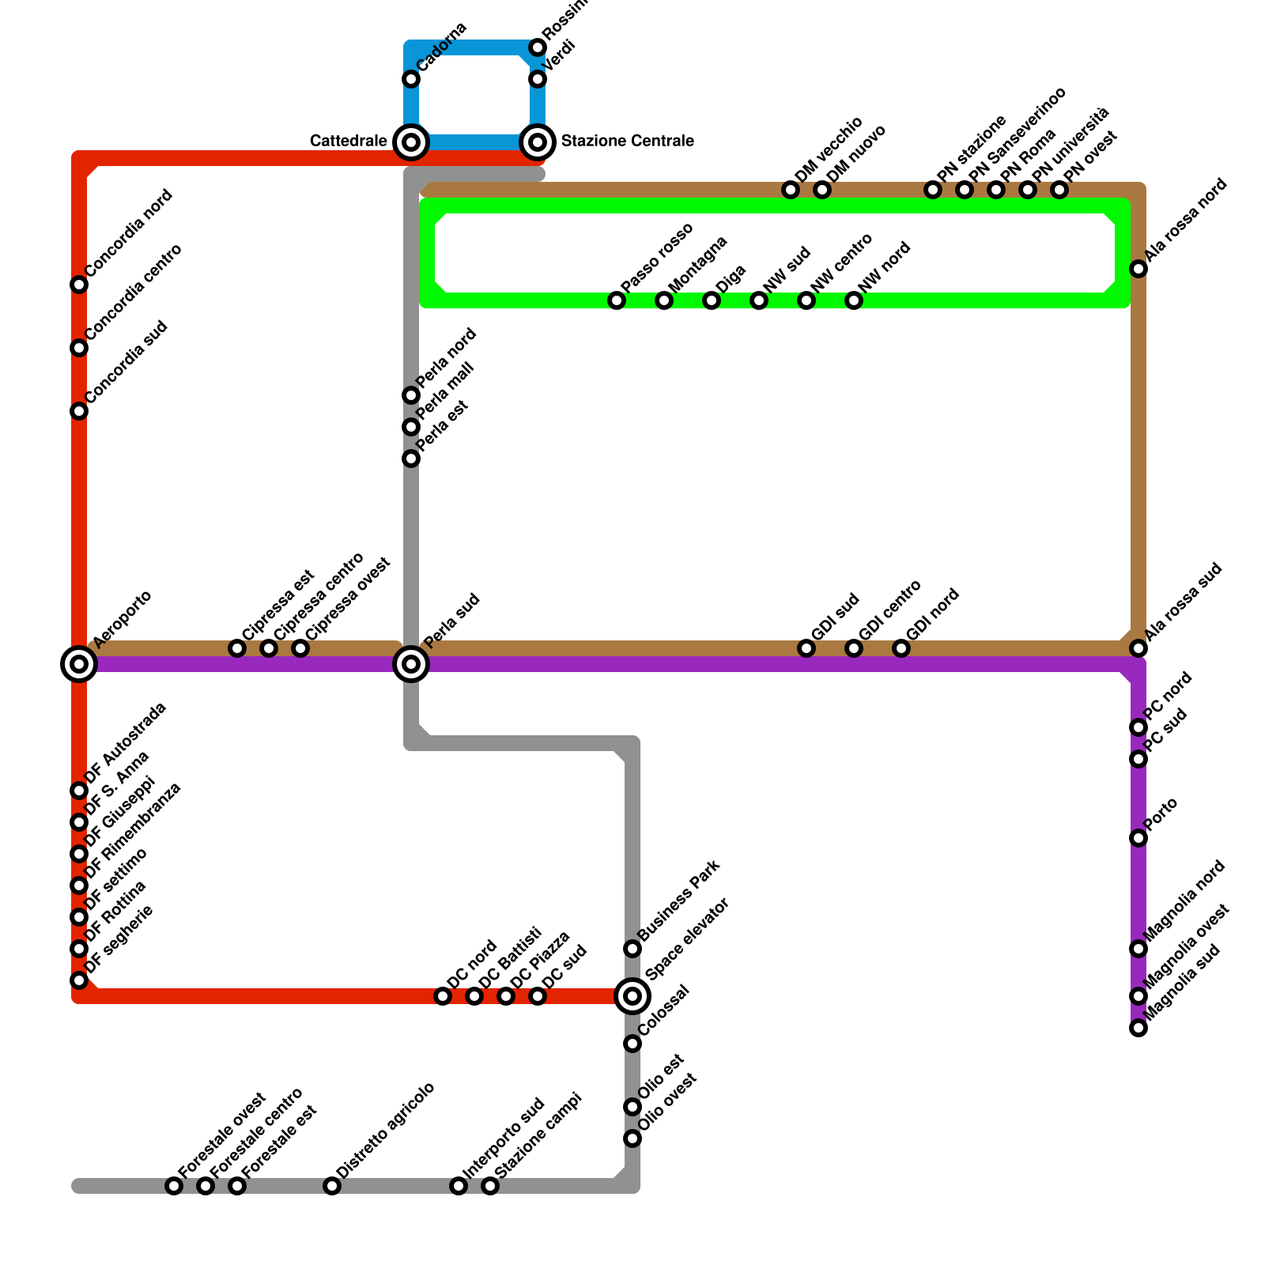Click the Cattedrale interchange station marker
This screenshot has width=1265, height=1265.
[x=411, y=142]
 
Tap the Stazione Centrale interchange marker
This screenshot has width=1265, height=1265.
[x=538, y=142]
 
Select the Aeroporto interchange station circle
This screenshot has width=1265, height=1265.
[x=79, y=664]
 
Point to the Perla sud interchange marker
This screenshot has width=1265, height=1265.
[x=411, y=664]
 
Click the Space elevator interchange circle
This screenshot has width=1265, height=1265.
[x=632, y=996]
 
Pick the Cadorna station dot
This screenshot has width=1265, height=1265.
[x=411, y=79]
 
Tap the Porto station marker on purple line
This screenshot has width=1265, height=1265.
[x=1138, y=838]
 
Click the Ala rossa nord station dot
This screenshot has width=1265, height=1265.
[x=1138, y=269]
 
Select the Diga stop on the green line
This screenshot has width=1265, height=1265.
[x=712, y=300]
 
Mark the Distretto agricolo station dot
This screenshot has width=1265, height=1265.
[x=332, y=1186]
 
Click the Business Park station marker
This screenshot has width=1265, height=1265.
[x=632, y=949]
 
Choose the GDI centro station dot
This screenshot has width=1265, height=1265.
[x=854, y=648]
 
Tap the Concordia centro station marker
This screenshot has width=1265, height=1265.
[x=79, y=348]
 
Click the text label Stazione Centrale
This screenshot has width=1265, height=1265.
[x=627, y=142]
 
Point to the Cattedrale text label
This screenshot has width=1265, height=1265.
[x=349, y=142]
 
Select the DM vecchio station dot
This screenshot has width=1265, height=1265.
[x=791, y=190]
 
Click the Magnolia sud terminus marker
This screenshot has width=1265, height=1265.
[x=1138, y=1028]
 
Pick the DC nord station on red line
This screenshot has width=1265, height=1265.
[x=443, y=996]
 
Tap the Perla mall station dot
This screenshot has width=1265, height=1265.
[x=411, y=427]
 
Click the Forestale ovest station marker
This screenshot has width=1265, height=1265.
[x=174, y=1186]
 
